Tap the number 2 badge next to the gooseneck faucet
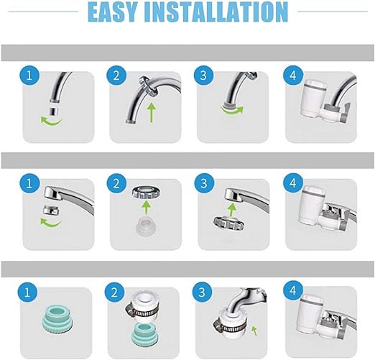[x=114, y=76]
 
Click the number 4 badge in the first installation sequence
[x=292, y=76]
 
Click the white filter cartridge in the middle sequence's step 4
[x=310, y=206]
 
